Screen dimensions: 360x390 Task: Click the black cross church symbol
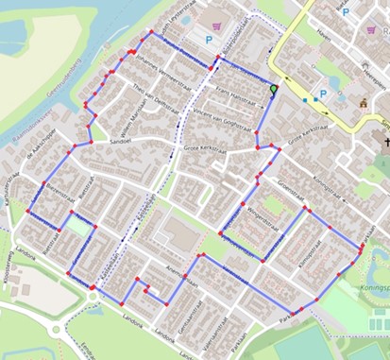point(385,144)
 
